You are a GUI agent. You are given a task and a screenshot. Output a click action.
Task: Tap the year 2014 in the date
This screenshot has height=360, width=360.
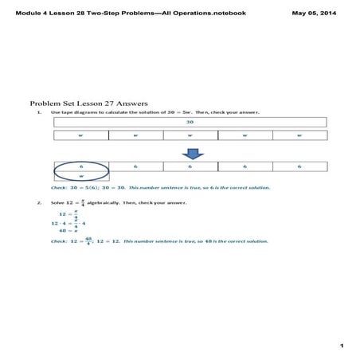338,13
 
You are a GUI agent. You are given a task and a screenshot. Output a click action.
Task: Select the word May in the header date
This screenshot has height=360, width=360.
301,13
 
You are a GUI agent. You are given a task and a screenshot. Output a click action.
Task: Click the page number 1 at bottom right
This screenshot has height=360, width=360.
340,346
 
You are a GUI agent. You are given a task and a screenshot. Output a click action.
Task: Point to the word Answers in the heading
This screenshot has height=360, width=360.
131,104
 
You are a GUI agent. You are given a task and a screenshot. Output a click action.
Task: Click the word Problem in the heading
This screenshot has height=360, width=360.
46,104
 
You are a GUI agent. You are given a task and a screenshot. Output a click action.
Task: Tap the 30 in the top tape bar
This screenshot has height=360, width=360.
190,123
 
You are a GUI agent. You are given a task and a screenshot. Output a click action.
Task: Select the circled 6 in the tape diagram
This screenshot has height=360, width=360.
81,166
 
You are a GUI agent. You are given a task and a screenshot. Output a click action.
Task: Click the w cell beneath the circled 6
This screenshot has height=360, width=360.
81,177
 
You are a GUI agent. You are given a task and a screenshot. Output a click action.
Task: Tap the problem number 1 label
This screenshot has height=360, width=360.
39,112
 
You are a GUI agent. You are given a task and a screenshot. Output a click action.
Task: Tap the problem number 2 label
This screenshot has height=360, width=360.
39,203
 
